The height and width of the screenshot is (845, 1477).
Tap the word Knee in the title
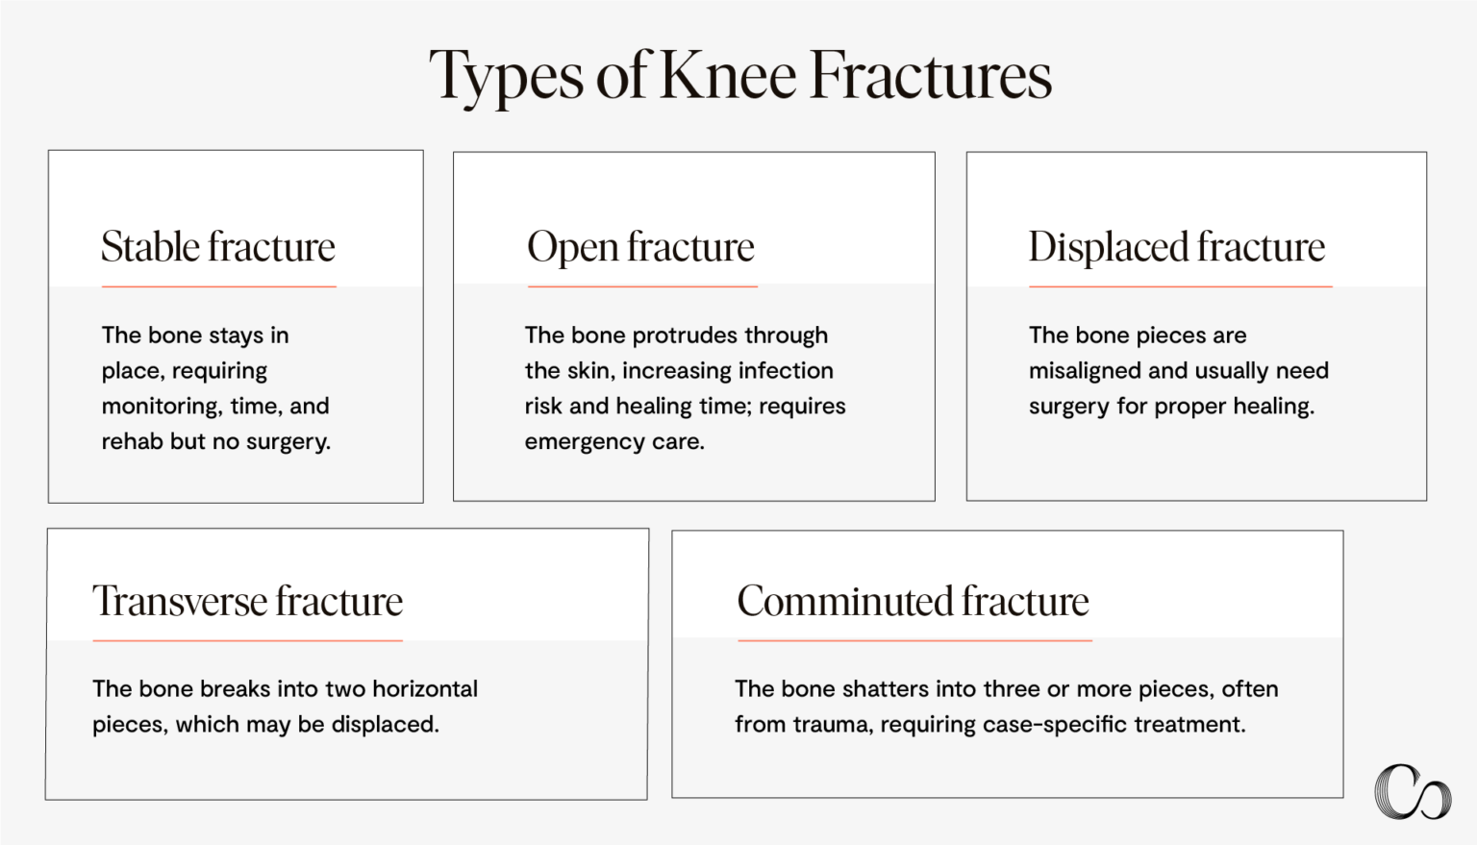[728, 75]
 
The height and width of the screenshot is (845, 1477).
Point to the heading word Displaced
[1109, 248]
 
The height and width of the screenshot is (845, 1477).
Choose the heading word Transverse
[180, 602]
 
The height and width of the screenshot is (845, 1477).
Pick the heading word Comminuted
[844, 602]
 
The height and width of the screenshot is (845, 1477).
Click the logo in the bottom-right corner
[1412, 792]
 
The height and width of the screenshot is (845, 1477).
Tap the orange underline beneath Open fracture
[642, 286]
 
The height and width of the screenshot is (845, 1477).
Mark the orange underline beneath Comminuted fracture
[914, 640]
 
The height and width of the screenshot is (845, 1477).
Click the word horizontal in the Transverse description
[425, 689]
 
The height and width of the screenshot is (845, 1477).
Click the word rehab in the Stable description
[132, 442]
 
